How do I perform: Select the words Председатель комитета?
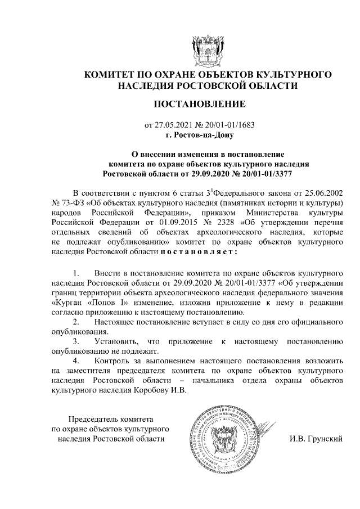point(110,419)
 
